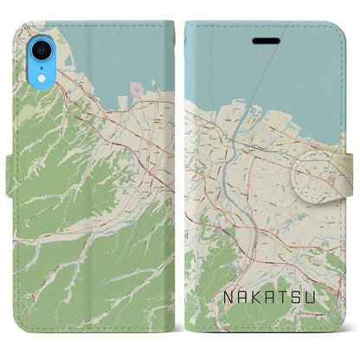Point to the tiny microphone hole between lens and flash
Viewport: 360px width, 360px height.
[43, 58]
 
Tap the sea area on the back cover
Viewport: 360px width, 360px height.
[121, 52]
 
